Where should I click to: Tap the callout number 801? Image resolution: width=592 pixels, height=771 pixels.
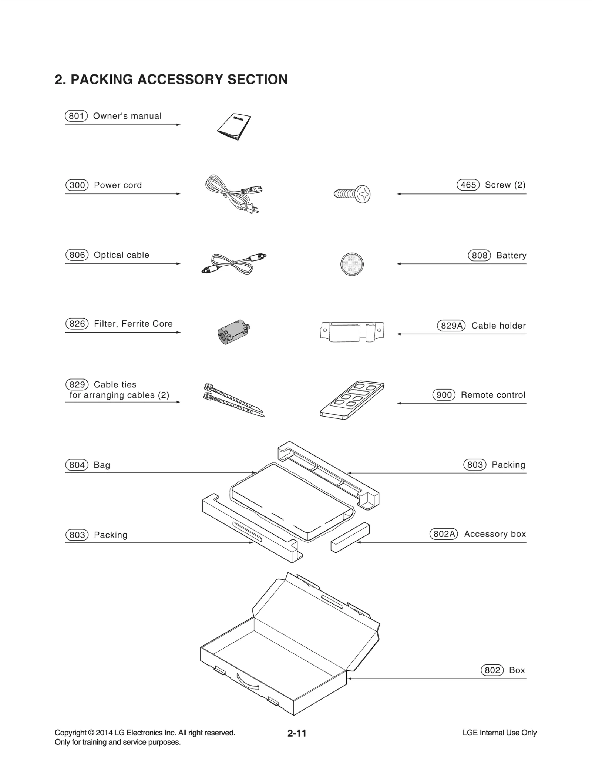(76, 116)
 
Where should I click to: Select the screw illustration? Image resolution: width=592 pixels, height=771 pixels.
(353, 194)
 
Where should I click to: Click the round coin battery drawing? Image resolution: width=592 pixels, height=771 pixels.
(352, 264)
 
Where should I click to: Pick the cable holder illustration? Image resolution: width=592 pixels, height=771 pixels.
(352, 331)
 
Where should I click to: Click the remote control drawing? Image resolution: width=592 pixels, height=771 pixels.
(352, 400)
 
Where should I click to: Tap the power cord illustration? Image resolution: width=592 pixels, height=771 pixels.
(231, 193)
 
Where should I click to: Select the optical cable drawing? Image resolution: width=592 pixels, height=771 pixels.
(234, 263)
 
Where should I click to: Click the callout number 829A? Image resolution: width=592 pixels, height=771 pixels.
(451, 326)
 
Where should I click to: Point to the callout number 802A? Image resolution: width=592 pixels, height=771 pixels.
(444, 534)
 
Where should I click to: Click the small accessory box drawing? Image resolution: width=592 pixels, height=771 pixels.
(350, 537)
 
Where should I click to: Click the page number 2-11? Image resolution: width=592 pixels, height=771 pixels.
(297, 733)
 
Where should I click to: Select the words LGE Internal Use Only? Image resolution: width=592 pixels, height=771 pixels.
(499, 733)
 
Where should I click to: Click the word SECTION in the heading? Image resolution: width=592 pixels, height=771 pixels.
(257, 80)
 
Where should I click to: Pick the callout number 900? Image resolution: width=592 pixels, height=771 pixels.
(444, 395)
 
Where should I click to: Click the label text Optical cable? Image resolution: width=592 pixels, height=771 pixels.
(121, 255)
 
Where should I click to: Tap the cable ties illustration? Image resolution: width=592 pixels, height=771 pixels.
(233, 400)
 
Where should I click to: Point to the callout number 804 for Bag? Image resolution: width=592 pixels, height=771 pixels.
(77, 465)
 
